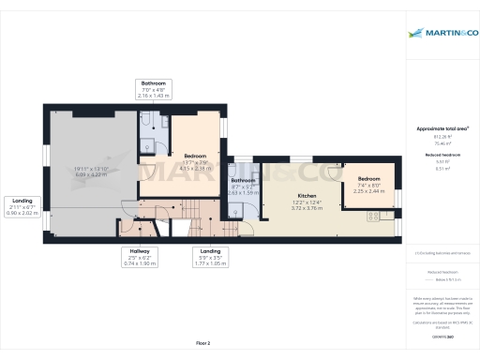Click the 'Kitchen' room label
(x=294, y=195)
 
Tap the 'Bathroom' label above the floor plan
(x=154, y=82)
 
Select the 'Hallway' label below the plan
(x=139, y=250)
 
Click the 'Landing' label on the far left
(x=21, y=201)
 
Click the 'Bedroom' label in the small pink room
(x=368, y=178)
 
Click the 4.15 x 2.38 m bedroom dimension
(x=196, y=168)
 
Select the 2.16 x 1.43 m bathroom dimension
(x=154, y=95)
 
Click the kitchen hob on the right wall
(x=373, y=215)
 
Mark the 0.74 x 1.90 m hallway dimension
(x=139, y=263)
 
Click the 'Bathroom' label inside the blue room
(x=244, y=180)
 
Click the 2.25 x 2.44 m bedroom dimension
(x=368, y=190)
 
